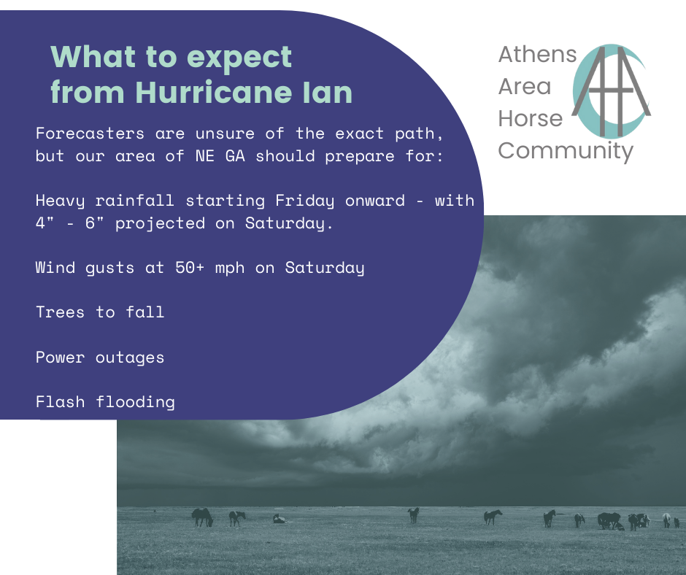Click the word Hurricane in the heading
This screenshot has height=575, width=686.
(215, 92)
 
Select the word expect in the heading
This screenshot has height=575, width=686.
(239, 58)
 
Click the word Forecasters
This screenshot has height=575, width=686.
(90, 133)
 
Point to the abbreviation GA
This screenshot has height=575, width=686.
(235, 155)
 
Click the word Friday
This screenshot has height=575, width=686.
(305, 201)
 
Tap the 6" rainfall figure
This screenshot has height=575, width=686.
(94, 223)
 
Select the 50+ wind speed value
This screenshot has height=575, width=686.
(190, 267)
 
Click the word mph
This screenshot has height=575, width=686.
(230, 269)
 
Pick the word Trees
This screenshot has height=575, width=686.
(60, 312)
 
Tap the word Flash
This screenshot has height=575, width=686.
(61, 402)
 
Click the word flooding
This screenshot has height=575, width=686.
(135, 403)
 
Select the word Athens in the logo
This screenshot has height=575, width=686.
(538, 54)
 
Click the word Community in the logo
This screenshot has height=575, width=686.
(566, 151)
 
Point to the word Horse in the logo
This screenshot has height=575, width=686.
(531, 119)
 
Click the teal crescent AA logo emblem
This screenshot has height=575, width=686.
(611, 91)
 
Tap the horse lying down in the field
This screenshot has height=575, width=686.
(280, 519)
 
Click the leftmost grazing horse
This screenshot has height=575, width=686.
(202, 517)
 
